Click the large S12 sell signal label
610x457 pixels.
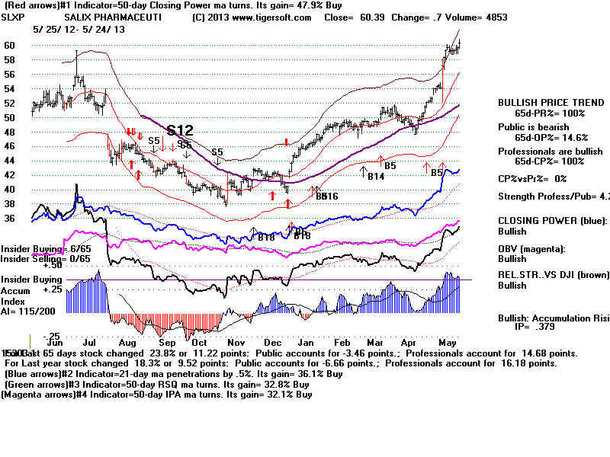(180, 130)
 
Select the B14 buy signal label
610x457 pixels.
(375, 177)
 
